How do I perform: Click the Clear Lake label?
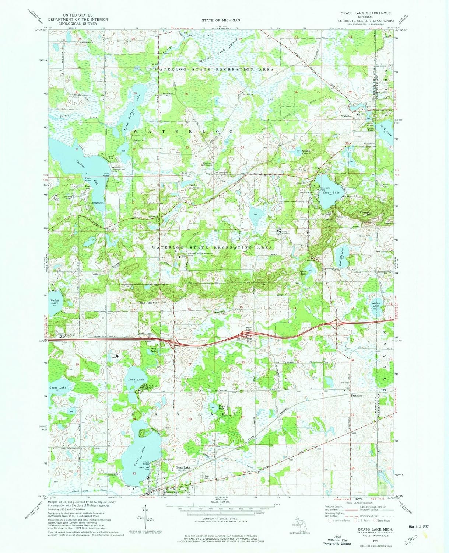[x=331, y=193]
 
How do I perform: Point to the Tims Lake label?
[x=133, y=379]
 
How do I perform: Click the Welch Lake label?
[x=55, y=301]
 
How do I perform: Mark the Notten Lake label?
[x=375, y=305]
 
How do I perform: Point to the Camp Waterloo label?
[x=286, y=232]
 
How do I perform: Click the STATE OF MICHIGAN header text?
[x=221, y=20]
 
